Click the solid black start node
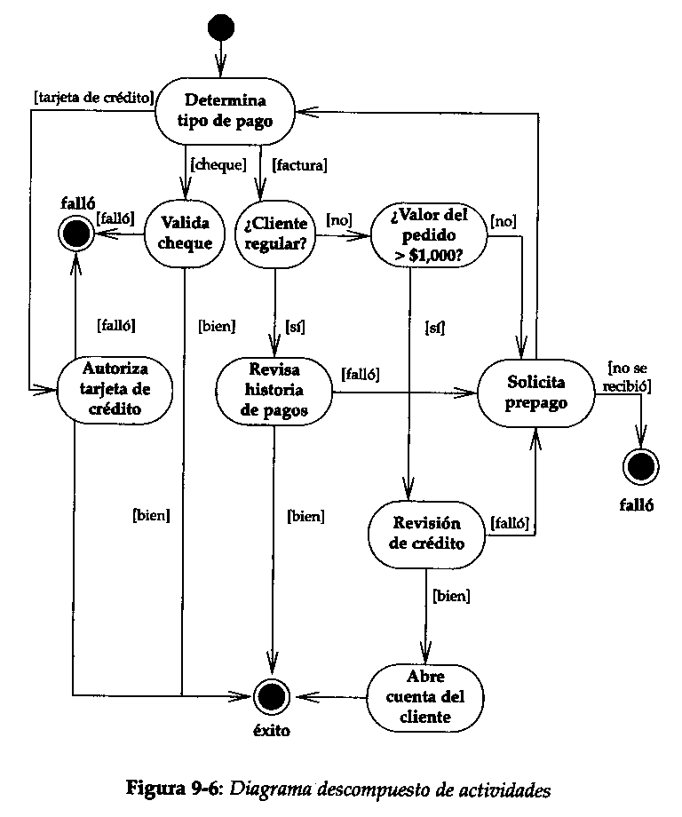[219, 28]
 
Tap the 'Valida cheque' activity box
[185, 234]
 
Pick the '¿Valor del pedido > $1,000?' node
[428, 235]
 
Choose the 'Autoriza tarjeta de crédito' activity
[115, 388]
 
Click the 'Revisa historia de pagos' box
[274, 389]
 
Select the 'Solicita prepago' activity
[535, 391]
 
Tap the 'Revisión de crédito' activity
[427, 534]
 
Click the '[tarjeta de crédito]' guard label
[93, 97]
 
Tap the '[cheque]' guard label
[218, 164]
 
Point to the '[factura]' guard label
[299, 164]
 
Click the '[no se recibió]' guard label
[630, 375]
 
